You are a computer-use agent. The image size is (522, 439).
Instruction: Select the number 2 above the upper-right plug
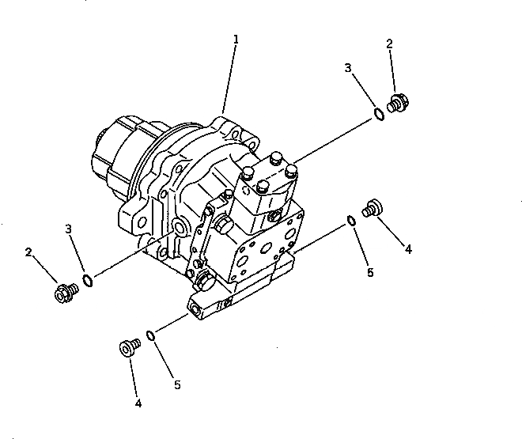pos(389,45)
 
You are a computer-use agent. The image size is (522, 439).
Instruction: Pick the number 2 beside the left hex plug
pos(28,252)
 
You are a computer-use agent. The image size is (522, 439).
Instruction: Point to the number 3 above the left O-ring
pos(69,229)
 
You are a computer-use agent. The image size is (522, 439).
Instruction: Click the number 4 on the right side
pos(408,249)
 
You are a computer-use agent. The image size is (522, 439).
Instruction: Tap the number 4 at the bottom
pos(138,403)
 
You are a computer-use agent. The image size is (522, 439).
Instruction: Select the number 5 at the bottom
pos(177,385)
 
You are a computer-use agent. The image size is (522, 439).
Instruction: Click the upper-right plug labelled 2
pos(396,103)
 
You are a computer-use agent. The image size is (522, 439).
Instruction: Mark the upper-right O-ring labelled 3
pos(380,115)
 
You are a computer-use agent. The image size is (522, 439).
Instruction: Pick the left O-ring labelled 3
pos(89,280)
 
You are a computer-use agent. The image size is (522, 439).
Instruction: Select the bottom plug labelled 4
pos(127,347)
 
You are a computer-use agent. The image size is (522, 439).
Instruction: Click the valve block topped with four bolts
pos(269,186)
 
